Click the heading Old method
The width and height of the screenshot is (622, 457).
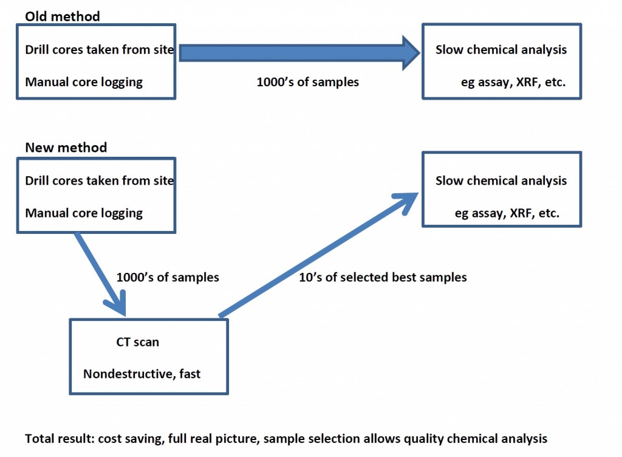pyautogui.click(x=63, y=16)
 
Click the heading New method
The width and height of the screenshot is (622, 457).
pyautogui.click(x=66, y=148)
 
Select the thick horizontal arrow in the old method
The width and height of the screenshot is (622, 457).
pyautogui.click(x=299, y=53)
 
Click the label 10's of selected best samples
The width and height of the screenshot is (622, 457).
pyautogui.click(x=383, y=277)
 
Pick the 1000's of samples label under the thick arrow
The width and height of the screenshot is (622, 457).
pyautogui.click(x=307, y=81)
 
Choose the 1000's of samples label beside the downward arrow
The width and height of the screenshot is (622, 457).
pyautogui.click(x=168, y=277)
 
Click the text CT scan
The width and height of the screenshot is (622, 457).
pyautogui.click(x=137, y=342)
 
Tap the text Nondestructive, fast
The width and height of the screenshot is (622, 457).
pyautogui.click(x=142, y=374)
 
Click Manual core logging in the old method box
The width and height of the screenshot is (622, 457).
pyautogui.click(x=84, y=82)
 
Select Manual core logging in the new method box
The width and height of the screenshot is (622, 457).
pyautogui.click(x=84, y=213)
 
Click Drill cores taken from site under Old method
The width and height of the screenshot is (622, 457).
pyautogui.click(x=99, y=50)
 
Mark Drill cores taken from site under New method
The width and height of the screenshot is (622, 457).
pyautogui.click(x=99, y=180)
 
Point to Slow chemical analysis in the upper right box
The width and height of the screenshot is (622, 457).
pyautogui.click(x=501, y=50)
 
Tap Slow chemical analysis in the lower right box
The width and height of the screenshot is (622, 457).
pyautogui.click(x=501, y=180)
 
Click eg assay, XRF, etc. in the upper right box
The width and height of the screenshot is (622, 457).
pyautogui.click(x=513, y=82)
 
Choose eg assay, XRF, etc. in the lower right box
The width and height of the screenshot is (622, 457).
pyautogui.click(x=507, y=213)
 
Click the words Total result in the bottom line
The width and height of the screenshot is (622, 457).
pyautogui.click(x=59, y=438)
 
